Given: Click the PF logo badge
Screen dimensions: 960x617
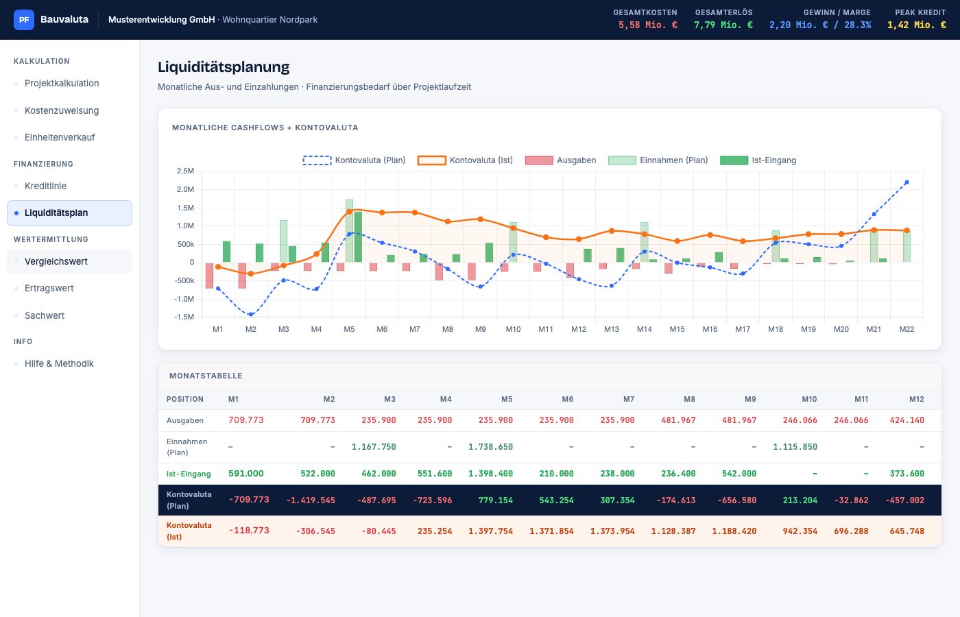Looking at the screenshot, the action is coord(24,20).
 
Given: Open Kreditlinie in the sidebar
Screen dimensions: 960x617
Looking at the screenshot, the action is coord(45,186).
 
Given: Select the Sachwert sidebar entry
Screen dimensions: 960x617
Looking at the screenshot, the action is coord(45,315).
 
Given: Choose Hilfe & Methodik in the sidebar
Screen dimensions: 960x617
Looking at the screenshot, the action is coord(59,363).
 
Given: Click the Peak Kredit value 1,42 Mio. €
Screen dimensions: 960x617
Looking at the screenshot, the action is coord(916,25).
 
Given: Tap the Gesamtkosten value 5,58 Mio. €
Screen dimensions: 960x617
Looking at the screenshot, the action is coord(647,25).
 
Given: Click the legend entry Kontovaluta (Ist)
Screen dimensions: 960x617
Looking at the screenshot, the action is coord(466,160).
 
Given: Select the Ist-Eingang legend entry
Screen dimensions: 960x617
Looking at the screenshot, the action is coord(758,160).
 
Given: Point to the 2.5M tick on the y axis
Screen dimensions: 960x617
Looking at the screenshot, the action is coord(185,171).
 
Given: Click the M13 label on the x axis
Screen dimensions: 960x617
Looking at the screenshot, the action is coord(612,329).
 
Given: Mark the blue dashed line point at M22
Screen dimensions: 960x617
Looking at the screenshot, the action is coord(907,182).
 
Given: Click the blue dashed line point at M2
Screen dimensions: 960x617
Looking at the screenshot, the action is coord(251,315).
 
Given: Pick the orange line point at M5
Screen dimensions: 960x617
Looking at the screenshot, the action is coord(349,212).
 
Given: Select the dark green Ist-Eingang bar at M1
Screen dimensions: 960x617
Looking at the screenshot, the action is coord(227,252).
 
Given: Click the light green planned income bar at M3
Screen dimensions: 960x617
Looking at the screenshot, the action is coord(283,241).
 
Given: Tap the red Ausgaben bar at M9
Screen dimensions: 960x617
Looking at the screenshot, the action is coord(472,271).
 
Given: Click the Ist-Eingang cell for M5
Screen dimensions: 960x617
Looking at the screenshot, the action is coord(490,474).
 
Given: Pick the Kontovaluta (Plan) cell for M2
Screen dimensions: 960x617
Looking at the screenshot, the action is coord(310,500).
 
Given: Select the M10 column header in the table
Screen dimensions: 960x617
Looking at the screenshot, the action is coord(809,399).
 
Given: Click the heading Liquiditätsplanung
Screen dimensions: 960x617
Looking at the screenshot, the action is coord(224,67).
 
